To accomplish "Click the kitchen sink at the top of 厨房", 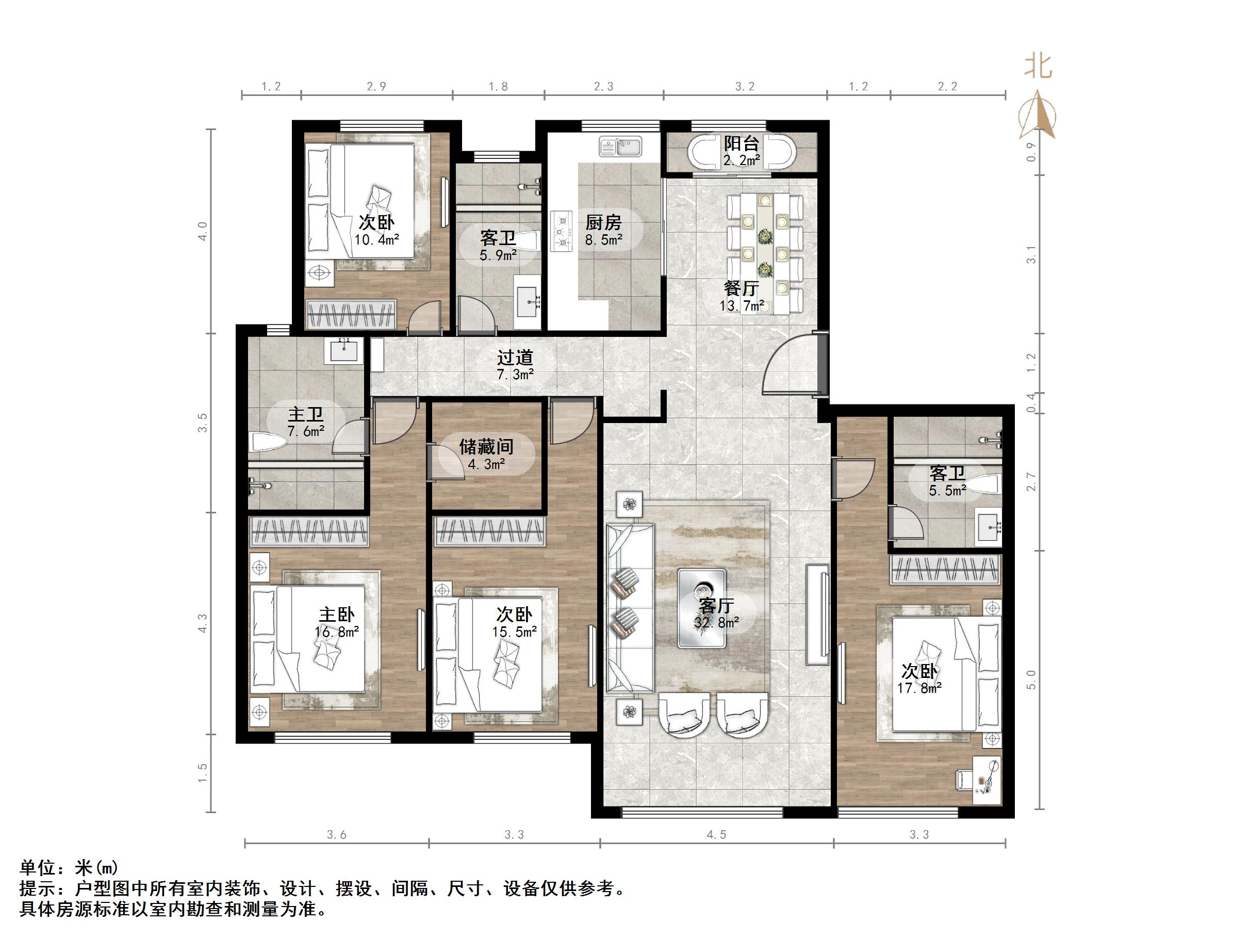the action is pos(620,147).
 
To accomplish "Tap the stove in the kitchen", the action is pos(561,231).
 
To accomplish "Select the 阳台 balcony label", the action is pos(741,143).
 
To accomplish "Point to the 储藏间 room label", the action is pos(486,447).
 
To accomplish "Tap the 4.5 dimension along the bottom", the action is pos(715,834).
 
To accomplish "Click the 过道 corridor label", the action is pos(515,358).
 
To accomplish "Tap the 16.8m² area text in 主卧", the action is pos(337,632).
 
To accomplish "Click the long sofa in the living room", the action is pos(630,608).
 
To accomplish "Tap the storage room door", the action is pos(447,462).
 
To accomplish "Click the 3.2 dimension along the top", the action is pos(745,87).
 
